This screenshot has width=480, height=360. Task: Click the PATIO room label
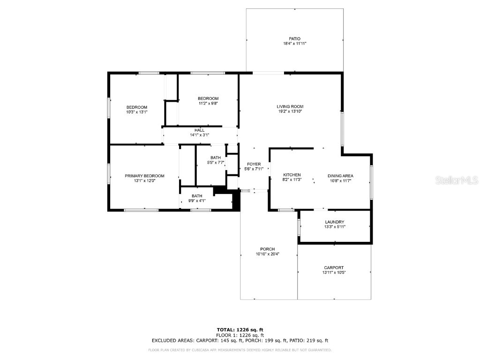(x=294, y=38)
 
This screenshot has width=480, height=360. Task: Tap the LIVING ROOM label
(x=290, y=106)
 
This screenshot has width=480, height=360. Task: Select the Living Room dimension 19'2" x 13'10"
(x=290, y=112)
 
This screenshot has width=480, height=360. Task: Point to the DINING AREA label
(x=340, y=176)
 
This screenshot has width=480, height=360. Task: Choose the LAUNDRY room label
(x=335, y=222)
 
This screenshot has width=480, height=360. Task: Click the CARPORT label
(x=333, y=268)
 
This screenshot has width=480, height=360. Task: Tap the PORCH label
(x=268, y=249)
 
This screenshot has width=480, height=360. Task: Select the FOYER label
(x=254, y=164)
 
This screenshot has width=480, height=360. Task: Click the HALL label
(x=199, y=130)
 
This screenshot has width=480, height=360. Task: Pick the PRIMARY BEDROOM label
(x=144, y=176)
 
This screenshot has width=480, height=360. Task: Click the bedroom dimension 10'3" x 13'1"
(x=136, y=112)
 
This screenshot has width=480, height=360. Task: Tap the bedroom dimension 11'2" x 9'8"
(x=208, y=103)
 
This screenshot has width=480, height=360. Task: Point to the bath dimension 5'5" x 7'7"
(x=216, y=163)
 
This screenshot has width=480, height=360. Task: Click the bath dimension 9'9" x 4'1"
(x=197, y=201)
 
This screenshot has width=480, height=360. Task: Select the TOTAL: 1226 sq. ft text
(x=240, y=330)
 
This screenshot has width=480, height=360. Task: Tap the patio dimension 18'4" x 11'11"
(x=294, y=44)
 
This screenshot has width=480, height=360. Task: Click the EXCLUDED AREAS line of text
(x=240, y=341)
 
